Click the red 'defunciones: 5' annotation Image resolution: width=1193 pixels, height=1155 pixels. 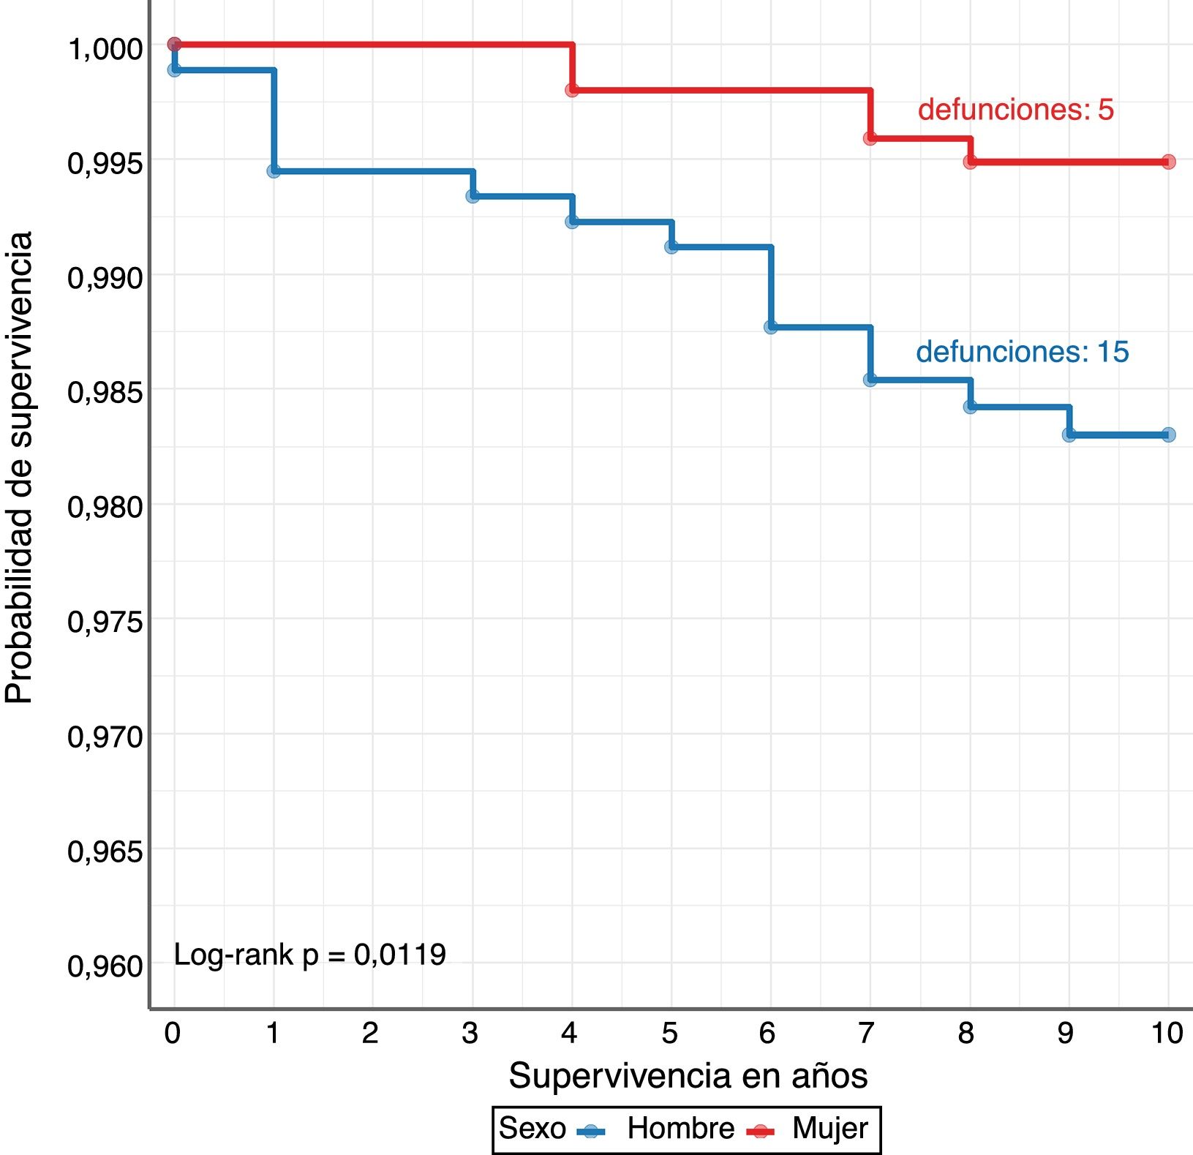point(1015,110)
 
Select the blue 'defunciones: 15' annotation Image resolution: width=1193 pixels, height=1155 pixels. point(1022,352)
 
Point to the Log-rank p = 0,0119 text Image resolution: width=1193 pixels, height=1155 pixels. point(309,955)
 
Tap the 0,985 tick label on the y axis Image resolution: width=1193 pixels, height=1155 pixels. point(105,392)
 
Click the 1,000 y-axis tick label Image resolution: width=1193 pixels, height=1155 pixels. point(105,49)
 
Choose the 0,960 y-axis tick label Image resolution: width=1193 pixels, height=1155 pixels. point(105,966)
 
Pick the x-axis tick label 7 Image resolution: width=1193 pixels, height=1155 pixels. point(867,1033)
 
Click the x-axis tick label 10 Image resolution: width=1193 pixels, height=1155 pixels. point(1167,1033)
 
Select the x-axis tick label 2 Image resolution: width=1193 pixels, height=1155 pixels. point(370,1033)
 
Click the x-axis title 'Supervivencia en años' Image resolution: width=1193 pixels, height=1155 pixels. point(688,1075)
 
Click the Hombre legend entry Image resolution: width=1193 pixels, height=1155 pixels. point(680,1129)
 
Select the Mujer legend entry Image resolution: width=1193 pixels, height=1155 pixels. point(829,1129)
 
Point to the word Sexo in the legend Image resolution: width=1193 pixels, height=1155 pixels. point(532,1129)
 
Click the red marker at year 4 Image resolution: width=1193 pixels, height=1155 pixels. point(572,90)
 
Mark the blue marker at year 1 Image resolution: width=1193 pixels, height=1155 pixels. point(274,171)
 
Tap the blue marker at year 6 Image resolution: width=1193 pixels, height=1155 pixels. point(771,327)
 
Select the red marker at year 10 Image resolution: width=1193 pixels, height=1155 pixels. point(1168,162)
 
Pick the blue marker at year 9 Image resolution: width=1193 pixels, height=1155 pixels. point(1069,435)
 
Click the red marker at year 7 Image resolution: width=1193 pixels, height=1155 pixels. point(870,138)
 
